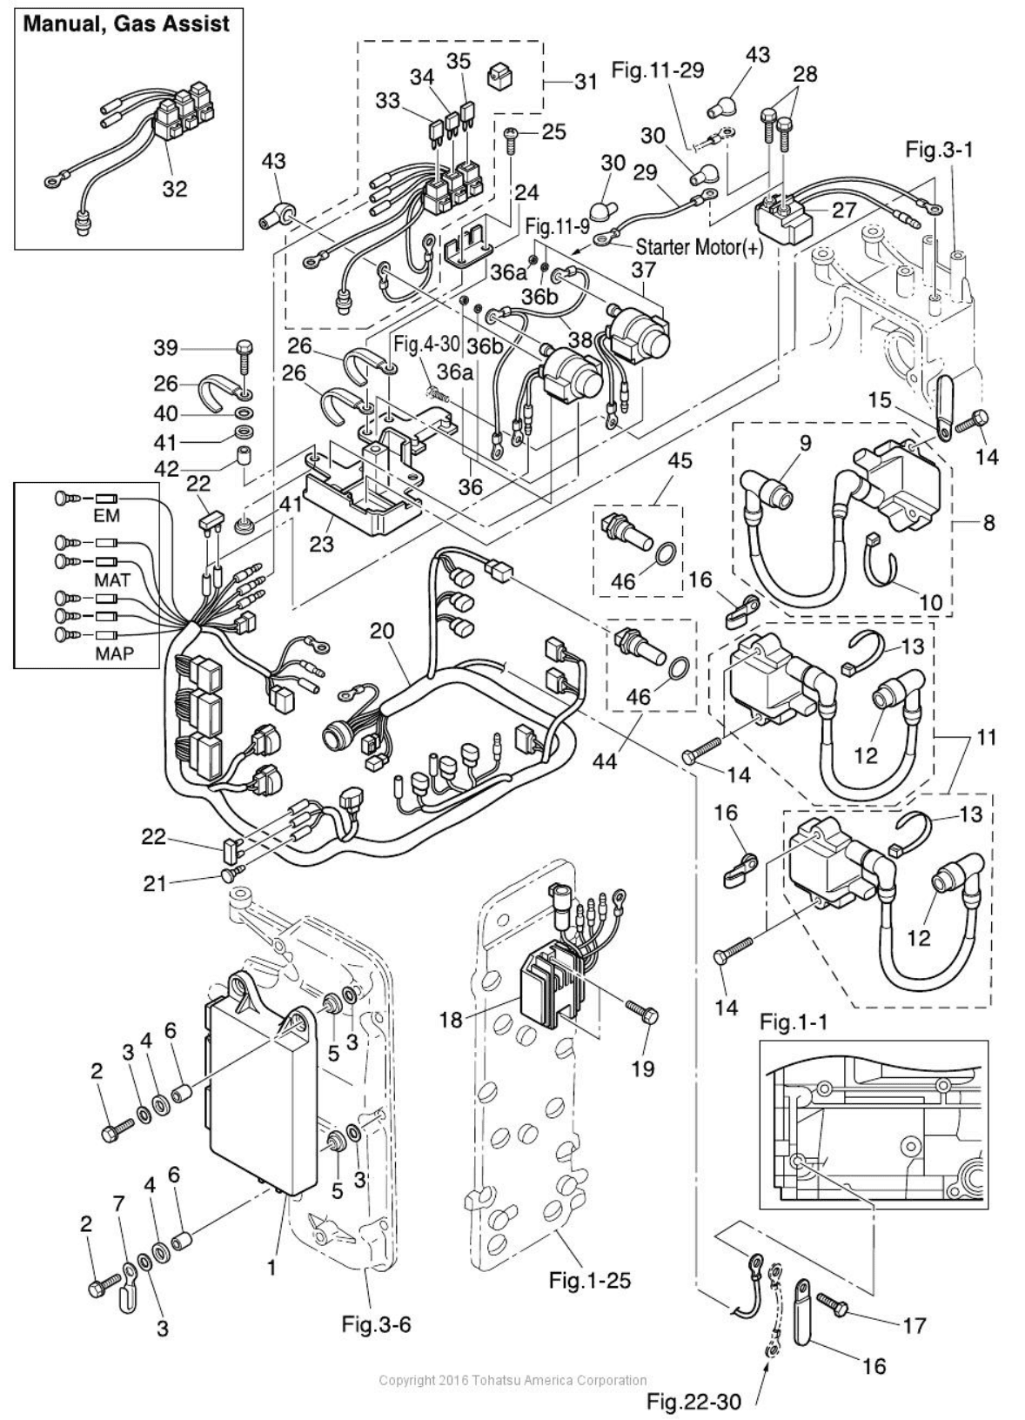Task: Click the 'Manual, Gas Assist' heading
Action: click(126, 23)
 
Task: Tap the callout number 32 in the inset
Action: click(174, 188)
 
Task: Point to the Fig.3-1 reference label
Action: click(939, 149)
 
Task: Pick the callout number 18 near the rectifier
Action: click(451, 1019)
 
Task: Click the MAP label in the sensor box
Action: click(115, 653)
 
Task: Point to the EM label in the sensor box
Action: click(107, 516)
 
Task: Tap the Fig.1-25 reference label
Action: click(590, 1280)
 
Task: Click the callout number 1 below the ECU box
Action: click(271, 1268)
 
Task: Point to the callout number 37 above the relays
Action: click(643, 271)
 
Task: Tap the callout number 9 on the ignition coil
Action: click(805, 443)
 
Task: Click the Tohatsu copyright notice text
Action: click(513, 1380)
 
